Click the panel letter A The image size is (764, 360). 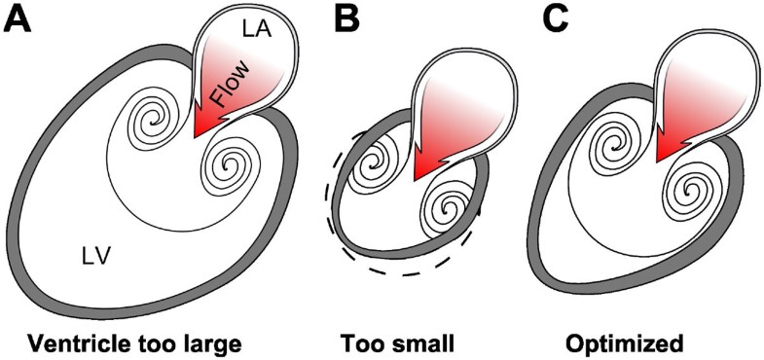pos(18,20)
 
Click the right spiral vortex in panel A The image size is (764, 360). pos(232,165)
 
